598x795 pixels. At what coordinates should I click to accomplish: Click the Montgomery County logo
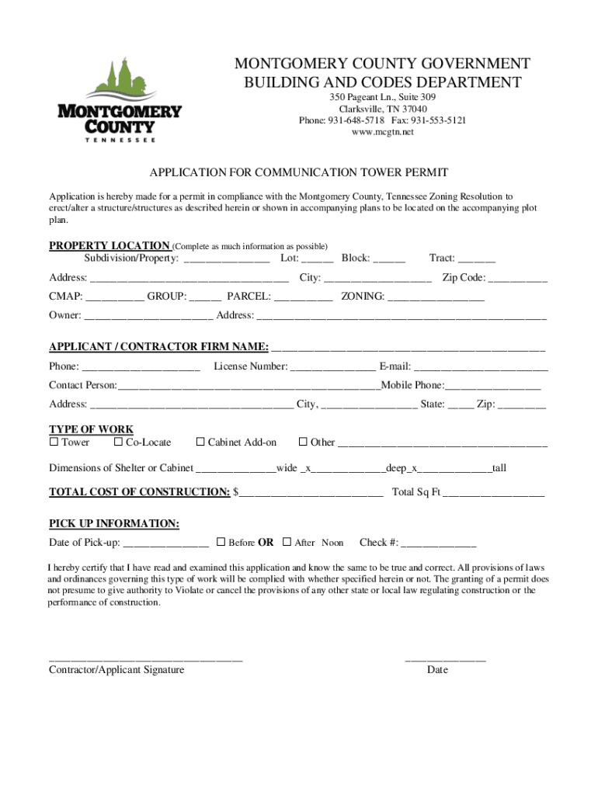[x=120, y=99]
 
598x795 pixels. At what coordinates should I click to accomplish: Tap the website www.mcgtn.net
[x=382, y=132]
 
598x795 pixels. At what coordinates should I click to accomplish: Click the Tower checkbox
[x=54, y=443]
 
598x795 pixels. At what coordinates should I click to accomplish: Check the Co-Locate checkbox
[x=118, y=443]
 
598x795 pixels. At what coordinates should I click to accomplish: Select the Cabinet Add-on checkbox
[x=200, y=443]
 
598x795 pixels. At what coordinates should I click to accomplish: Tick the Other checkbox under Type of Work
[x=303, y=443]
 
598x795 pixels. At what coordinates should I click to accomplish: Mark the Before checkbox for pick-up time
[x=221, y=542]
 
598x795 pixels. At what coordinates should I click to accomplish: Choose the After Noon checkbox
[x=287, y=542]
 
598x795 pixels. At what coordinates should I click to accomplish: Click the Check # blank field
[x=438, y=543]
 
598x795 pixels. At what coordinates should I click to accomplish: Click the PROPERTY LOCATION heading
[x=110, y=246]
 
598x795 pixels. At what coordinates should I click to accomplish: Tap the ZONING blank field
[x=436, y=297]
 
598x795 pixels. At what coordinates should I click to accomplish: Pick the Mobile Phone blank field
[x=493, y=385]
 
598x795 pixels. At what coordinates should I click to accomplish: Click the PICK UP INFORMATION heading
[x=114, y=524]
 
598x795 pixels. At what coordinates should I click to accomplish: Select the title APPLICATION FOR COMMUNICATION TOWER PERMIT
[x=299, y=172]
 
